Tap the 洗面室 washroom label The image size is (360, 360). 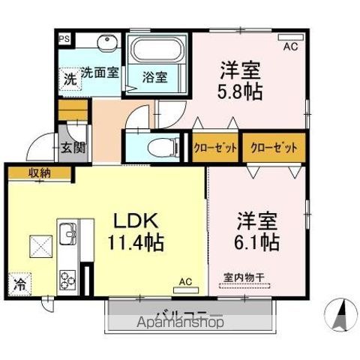(x=100, y=73)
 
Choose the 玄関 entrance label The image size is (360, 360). (x=73, y=147)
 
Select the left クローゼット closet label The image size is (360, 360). (x=215, y=147)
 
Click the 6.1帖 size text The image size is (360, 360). (x=258, y=243)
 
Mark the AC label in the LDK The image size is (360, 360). (x=184, y=282)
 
